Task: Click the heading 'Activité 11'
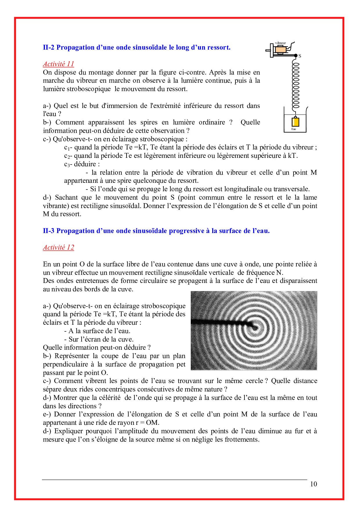pos(58,64)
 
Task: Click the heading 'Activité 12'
pos(58,247)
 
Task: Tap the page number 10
pos(313,484)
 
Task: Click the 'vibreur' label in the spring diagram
pos(280,43)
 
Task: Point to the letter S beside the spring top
pos(300,56)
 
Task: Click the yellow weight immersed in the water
pos(296,122)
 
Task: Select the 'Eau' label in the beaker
pos(294,129)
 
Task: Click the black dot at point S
pos(296,55)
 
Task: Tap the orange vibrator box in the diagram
pos(281,49)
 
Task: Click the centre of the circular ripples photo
pos(255,328)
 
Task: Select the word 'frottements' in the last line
pos(240,439)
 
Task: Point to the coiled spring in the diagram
pos(296,84)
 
